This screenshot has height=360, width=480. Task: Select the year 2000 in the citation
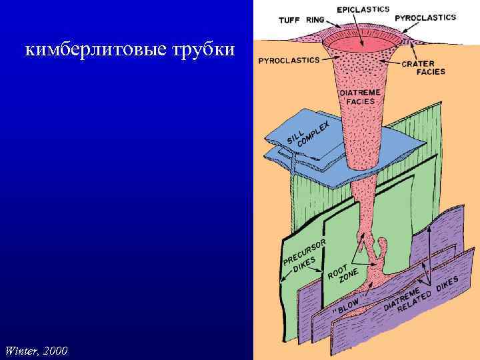(56, 351)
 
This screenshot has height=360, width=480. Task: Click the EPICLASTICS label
(363, 10)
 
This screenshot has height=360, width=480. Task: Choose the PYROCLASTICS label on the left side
(289, 59)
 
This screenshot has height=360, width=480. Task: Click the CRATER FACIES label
(422, 67)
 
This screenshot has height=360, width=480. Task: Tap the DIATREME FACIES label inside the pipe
(361, 97)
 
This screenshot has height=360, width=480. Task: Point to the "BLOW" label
(347, 305)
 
